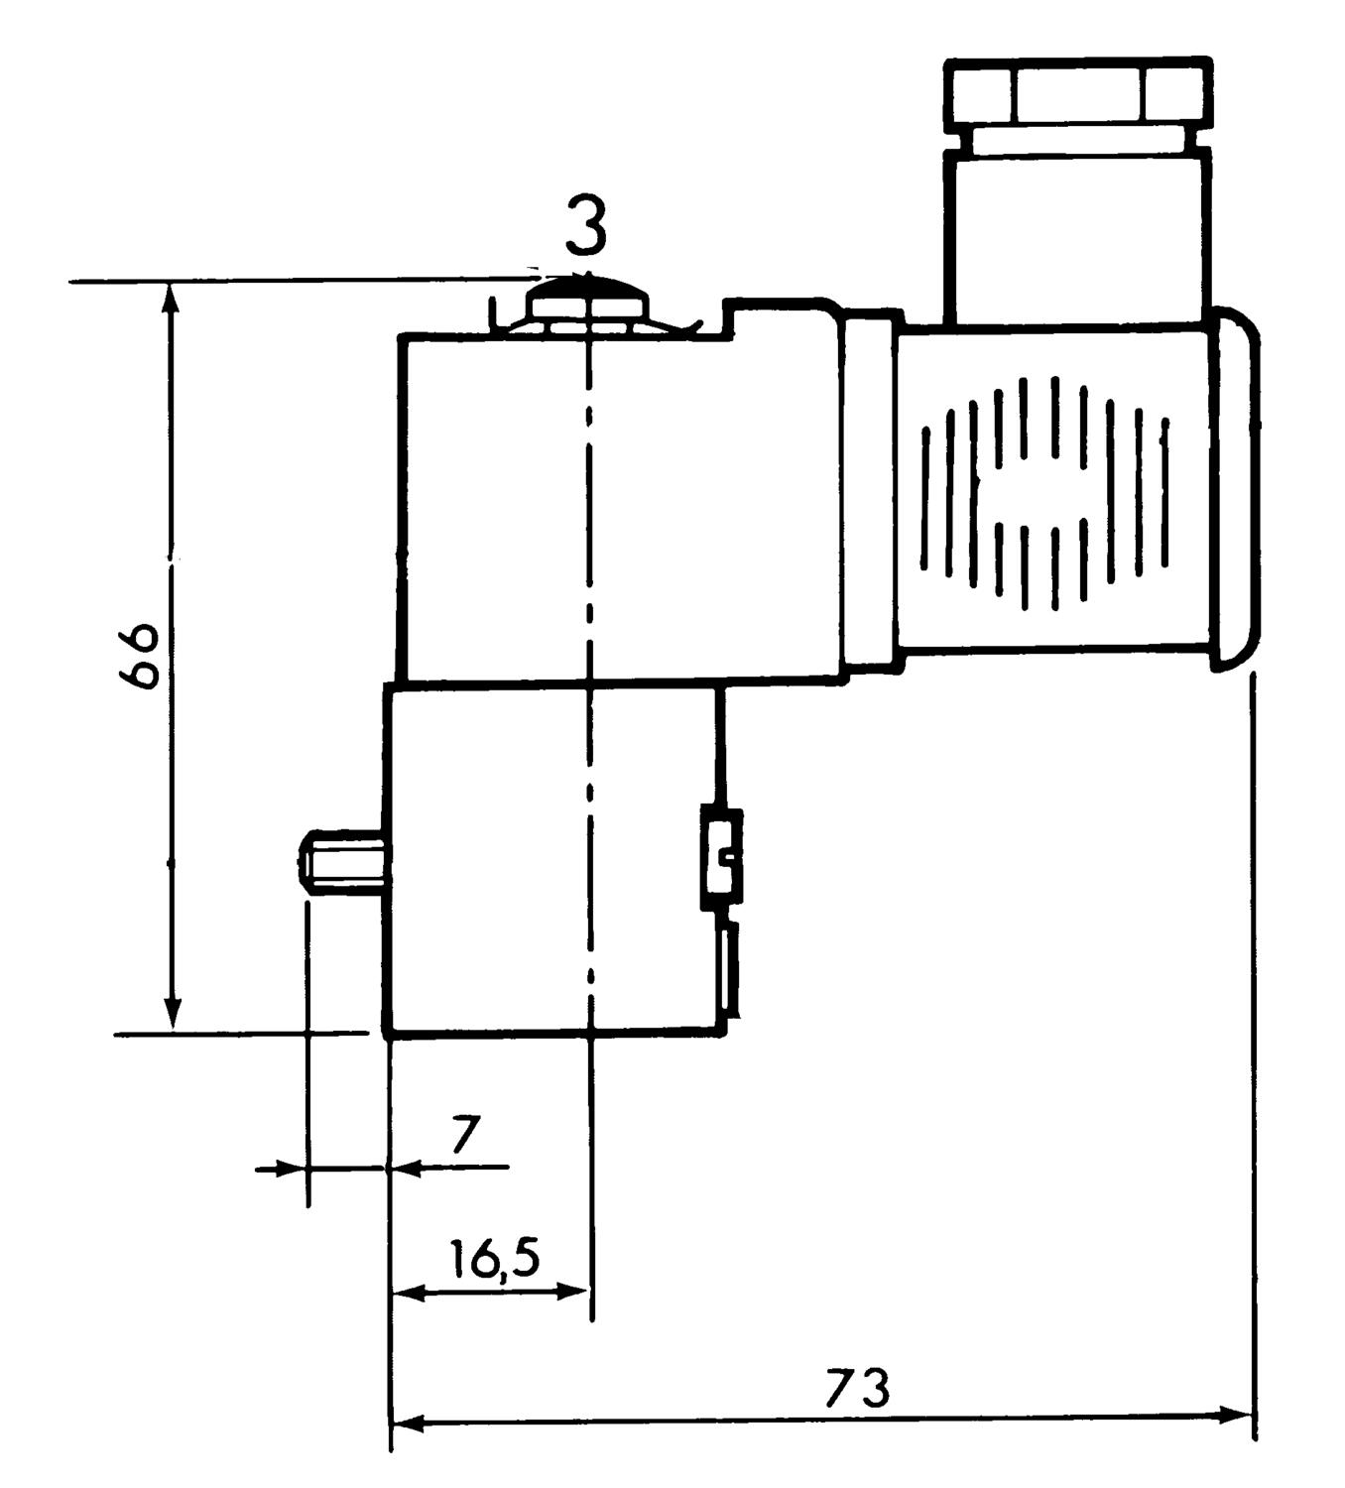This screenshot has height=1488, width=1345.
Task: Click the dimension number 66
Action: point(139,656)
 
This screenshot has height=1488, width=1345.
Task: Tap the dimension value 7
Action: point(466,1135)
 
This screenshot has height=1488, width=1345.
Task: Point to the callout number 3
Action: point(586,226)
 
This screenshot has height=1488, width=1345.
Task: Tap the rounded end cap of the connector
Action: point(1236,489)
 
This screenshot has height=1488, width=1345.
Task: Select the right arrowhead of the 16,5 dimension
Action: point(574,1292)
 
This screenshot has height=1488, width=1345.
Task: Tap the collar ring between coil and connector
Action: point(871,490)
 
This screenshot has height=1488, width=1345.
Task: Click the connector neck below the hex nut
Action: point(1078,235)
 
